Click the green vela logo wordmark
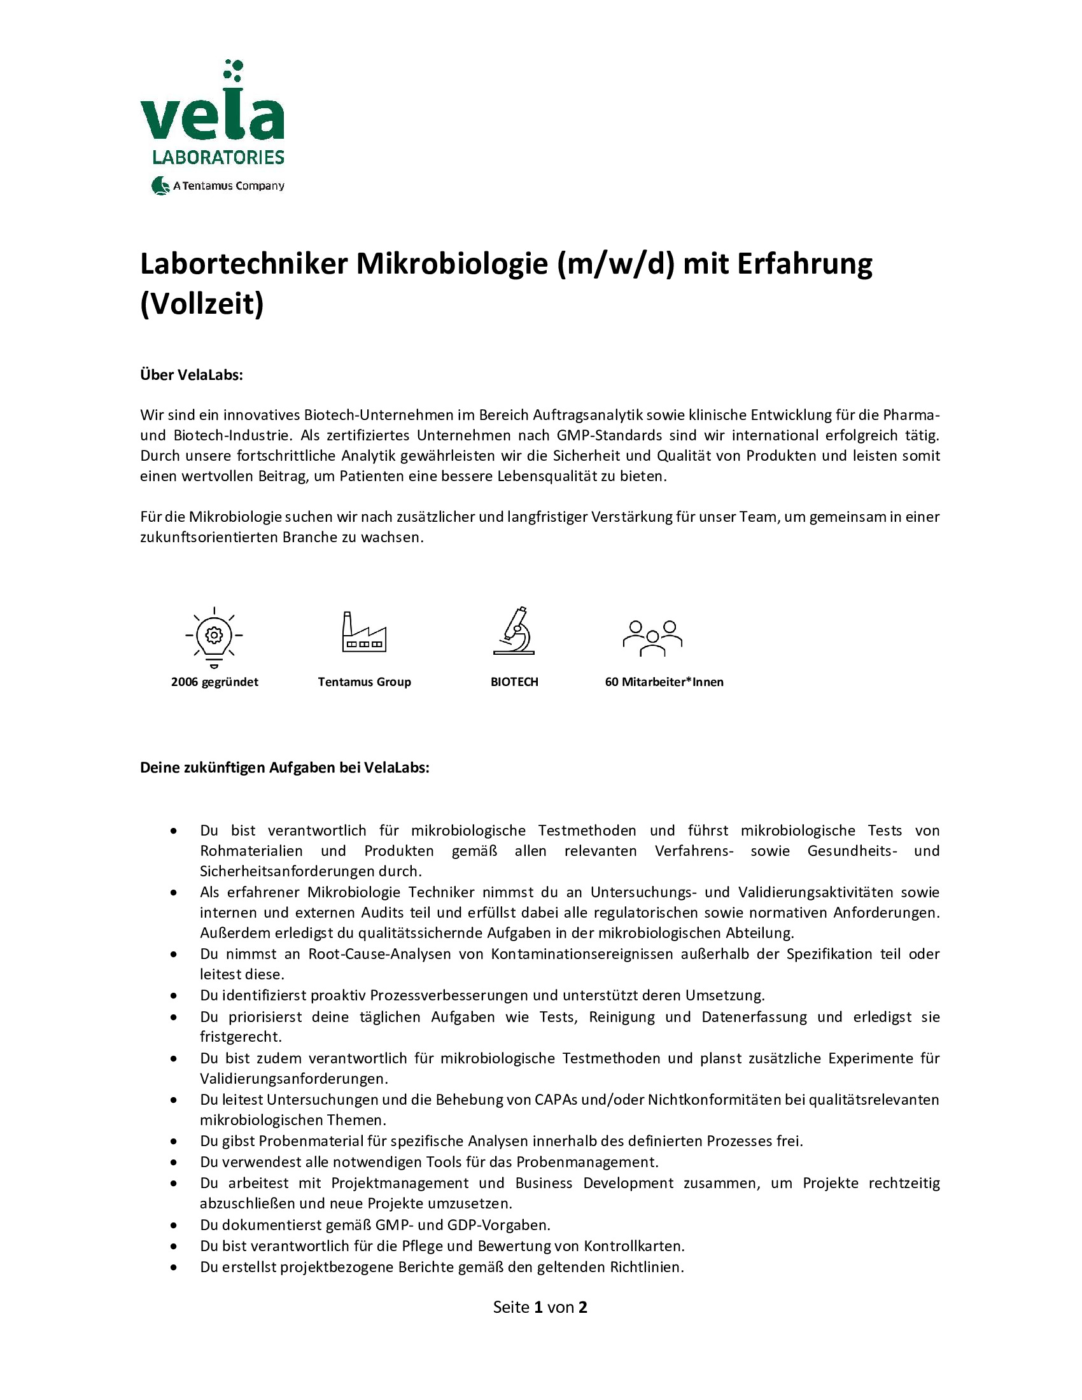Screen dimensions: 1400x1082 coord(212,115)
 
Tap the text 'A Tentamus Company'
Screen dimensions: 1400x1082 coord(228,186)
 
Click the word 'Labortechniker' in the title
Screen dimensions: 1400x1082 coord(244,264)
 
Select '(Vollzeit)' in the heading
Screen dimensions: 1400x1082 coord(202,304)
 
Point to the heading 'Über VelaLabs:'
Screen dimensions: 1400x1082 coord(192,375)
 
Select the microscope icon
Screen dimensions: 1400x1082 coord(514,631)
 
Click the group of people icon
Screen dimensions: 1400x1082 coord(652,638)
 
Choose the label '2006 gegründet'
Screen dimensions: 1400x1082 coord(214,682)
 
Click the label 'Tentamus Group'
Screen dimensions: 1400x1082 coord(364,682)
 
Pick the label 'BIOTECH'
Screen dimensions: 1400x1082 coord(514,682)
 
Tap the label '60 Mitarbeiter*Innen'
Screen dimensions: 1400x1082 coord(664,682)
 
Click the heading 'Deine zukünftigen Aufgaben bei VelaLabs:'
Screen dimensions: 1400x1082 coord(285,767)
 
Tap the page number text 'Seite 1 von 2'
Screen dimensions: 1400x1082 coord(540,1307)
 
